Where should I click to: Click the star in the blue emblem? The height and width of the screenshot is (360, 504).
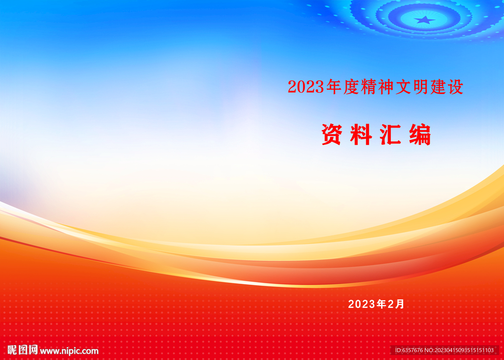[425, 20]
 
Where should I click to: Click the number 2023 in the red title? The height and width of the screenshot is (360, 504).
[306, 87]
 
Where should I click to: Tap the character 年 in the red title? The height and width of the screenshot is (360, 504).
[333, 87]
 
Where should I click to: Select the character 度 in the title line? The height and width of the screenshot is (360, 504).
[350, 87]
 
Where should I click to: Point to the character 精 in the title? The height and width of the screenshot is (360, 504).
[368, 87]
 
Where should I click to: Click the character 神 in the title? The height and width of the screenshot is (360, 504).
[386, 87]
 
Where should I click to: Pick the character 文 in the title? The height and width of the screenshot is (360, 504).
[403, 87]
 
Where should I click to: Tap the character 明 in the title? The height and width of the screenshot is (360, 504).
[420, 87]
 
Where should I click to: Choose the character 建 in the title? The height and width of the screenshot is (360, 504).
[438, 87]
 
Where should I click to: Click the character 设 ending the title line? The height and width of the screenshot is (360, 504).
[455, 87]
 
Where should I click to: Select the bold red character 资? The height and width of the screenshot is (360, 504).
[331, 134]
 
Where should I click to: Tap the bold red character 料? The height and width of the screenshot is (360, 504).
[361, 134]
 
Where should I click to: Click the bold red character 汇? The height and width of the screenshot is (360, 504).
[390, 134]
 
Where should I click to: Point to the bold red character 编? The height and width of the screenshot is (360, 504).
[420, 134]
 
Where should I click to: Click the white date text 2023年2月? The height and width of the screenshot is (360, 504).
[376, 304]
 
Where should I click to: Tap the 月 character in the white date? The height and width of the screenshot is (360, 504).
[400, 304]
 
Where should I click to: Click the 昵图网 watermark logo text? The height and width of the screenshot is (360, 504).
[23, 350]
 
